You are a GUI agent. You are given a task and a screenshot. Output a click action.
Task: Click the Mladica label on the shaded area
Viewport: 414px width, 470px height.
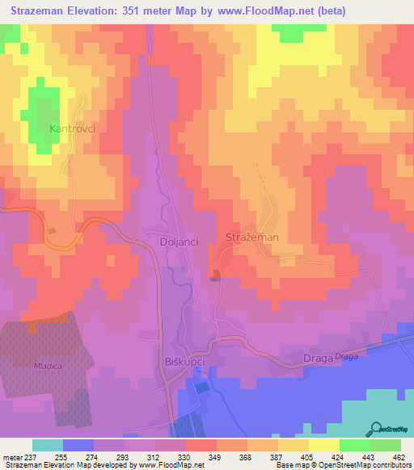[25, 365]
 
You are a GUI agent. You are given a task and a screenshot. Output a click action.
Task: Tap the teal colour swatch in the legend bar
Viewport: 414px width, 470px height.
[48, 445]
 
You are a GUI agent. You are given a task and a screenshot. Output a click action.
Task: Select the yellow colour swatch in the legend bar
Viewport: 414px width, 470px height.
[324, 445]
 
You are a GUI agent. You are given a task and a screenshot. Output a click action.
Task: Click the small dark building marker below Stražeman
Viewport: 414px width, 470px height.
[215, 278]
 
